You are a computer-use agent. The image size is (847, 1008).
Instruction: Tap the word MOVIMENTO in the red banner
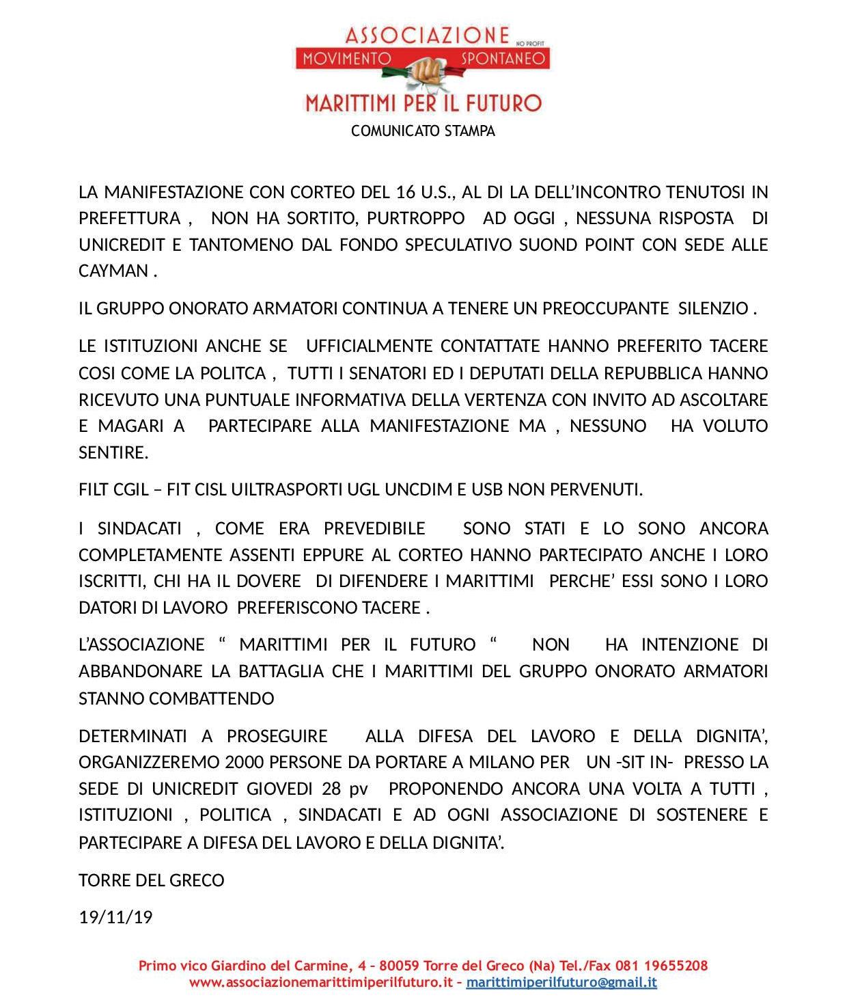point(347,58)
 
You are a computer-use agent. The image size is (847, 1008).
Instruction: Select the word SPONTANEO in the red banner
point(503,58)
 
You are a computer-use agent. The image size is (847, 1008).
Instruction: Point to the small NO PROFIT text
point(530,43)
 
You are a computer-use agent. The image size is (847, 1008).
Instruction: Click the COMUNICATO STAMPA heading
point(423,131)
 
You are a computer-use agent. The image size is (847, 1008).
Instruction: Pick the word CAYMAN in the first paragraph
point(113,271)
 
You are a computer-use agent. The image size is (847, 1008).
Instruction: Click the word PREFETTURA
point(130,219)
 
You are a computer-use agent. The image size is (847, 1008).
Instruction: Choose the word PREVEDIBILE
point(374,529)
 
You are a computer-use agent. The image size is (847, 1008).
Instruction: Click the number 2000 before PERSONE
point(245,762)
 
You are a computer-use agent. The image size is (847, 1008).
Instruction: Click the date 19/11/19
point(115,917)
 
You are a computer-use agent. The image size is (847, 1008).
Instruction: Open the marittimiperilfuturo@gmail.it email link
point(561,983)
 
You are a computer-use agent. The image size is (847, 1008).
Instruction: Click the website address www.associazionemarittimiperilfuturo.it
point(321,983)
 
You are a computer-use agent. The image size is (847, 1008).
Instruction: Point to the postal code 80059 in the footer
point(399,966)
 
